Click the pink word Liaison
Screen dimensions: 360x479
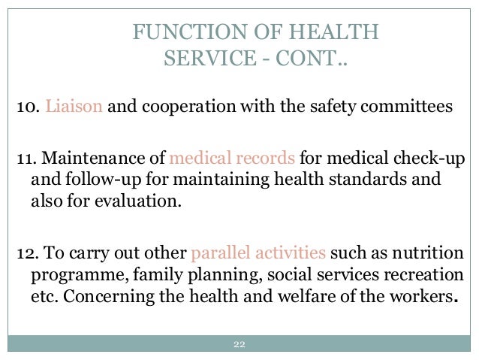77,106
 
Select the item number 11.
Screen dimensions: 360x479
26,160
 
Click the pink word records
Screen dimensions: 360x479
270,160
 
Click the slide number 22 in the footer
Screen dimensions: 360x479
239,345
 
